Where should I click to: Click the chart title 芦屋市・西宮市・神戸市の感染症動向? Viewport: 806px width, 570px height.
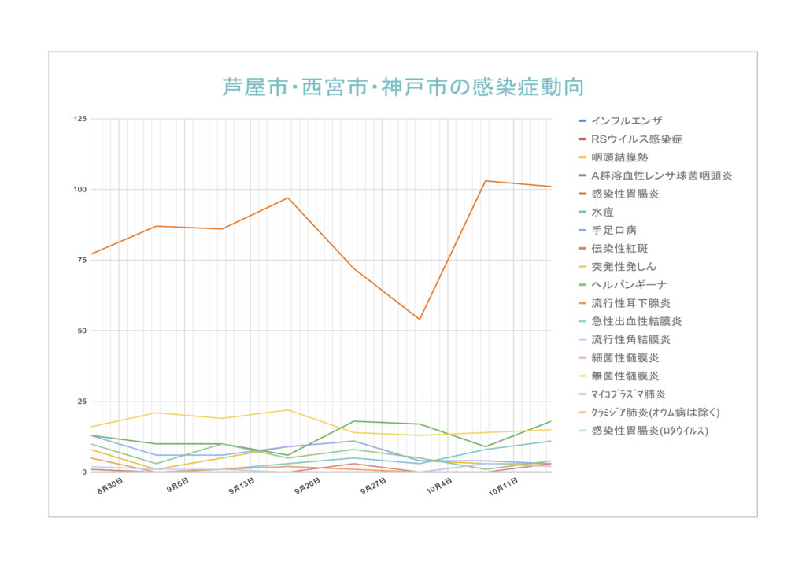click(x=403, y=87)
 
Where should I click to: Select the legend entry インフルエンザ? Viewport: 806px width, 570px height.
click(x=627, y=120)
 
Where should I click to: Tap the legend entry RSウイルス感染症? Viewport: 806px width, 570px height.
click(x=636, y=139)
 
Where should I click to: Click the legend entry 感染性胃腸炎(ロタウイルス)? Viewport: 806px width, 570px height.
click(x=649, y=431)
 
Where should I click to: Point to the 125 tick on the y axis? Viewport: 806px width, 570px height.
click(x=80, y=119)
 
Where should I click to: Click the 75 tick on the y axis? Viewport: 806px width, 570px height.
click(x=83, y=260)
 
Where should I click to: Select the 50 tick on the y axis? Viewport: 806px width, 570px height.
click(x=83, y=331)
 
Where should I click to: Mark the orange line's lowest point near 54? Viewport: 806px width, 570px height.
click(x=420, y=319)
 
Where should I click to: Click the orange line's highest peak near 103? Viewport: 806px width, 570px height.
click(x=486, y=181)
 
